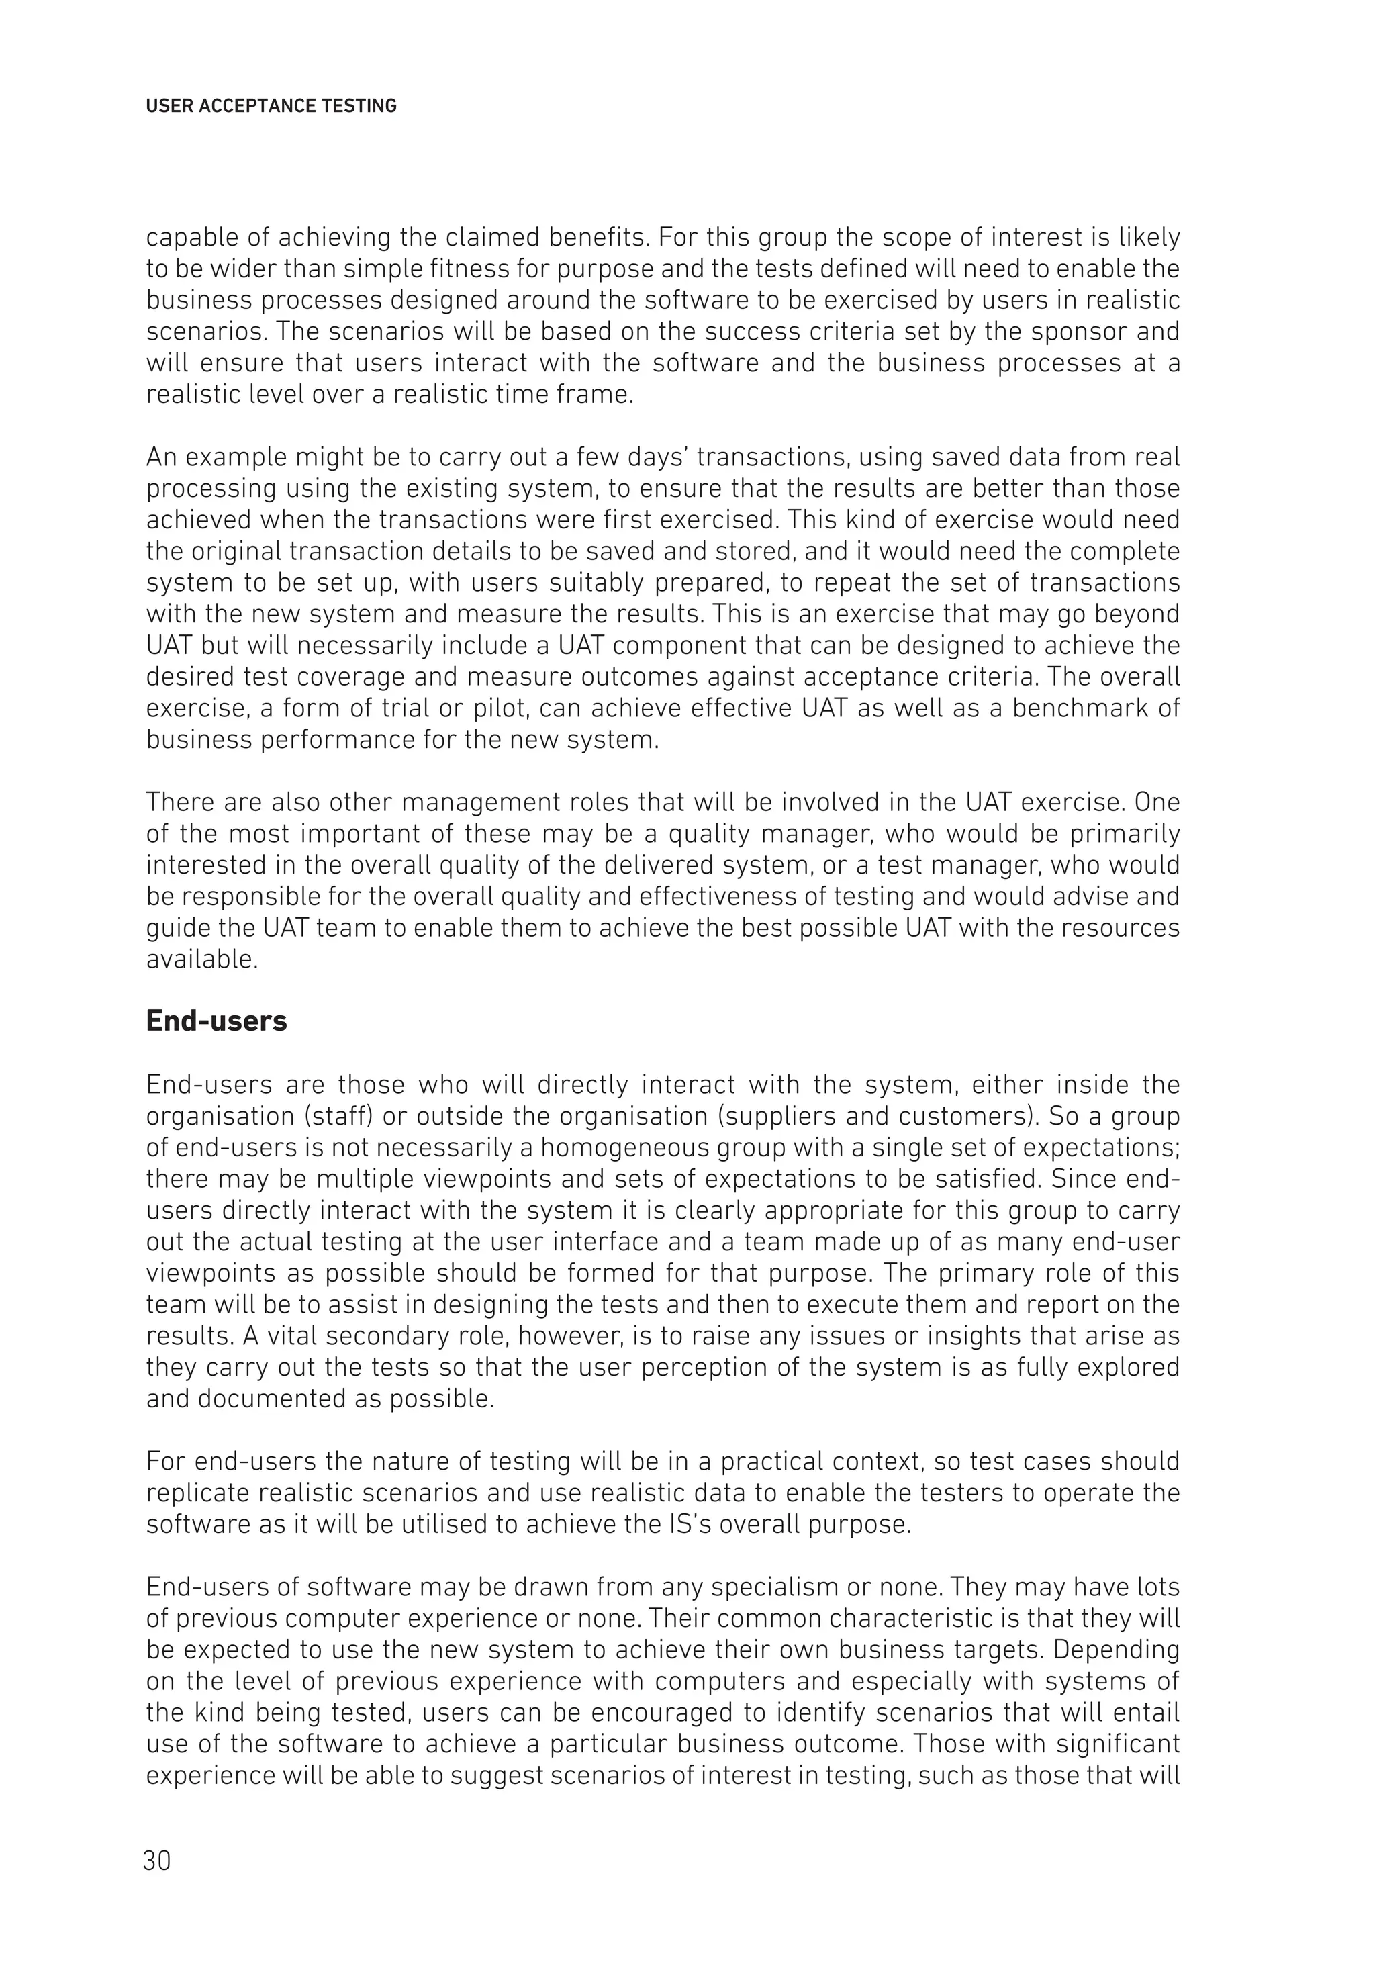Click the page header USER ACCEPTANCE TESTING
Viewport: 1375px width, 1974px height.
pyautogui.click(x=271, y=107)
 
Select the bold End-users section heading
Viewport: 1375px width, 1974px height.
pyautogui.click(x=216, y=1021)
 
